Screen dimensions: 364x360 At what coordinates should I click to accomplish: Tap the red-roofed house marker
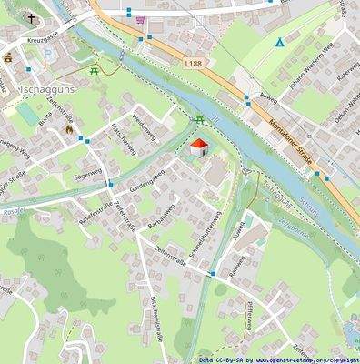coord(198,148)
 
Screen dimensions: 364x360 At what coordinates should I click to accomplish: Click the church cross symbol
coord(31,18)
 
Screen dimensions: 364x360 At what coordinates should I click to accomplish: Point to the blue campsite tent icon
coord(280,43)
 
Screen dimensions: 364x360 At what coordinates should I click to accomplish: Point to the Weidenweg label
coord(145,126)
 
